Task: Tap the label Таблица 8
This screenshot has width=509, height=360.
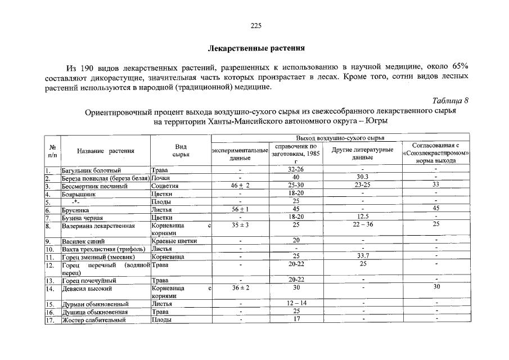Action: [450, 101]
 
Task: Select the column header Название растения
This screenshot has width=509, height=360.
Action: [106, 151]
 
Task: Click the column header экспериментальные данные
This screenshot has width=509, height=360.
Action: [240, 155]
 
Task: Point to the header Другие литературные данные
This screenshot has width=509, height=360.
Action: [362, 154]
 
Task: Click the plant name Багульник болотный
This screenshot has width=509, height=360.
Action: [91, 169]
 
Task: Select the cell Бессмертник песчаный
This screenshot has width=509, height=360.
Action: [95, 185]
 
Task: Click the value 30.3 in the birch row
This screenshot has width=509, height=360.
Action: [362, 177]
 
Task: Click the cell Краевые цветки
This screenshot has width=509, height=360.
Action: [174, 241]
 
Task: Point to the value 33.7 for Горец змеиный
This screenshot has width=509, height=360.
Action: [362, 256]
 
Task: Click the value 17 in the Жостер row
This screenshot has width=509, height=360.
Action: [296, 319]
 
